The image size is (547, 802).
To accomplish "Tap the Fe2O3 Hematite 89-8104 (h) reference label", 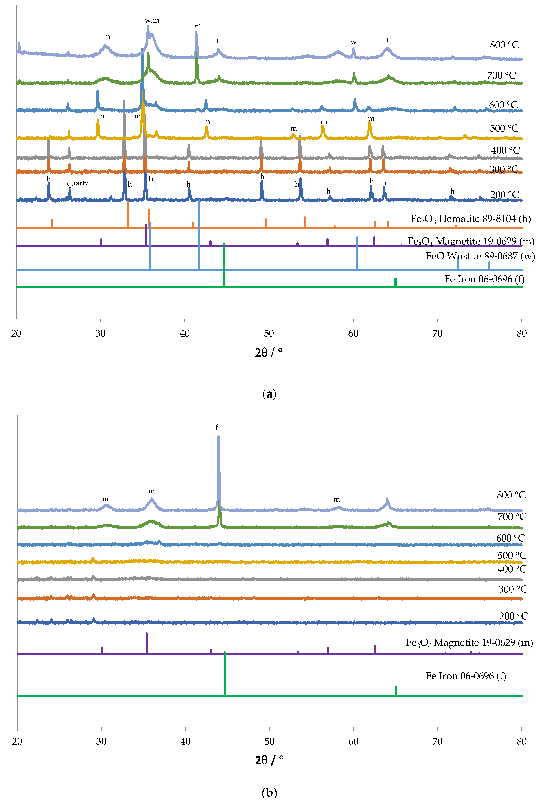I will pyautogui.click(x=470, y=219).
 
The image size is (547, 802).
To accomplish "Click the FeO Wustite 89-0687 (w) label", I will pyautogui.click(x=480, y=256).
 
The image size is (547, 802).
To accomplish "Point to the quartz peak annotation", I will pyautogui.click(x=78, y=183).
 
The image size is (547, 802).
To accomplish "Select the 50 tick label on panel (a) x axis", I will pyautogui.click(x=269, y=333).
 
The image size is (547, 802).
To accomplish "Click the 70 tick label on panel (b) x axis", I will pyautogui.click(x=437, y=741).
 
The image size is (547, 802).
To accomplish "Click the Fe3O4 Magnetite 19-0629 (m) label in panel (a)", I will pyautogui.click(x=471, y=241).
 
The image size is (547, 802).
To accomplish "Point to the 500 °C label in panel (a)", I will pyautogui.click(x=504, y=128).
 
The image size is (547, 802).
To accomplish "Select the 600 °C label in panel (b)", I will pyautogui.click(x=510, y=538).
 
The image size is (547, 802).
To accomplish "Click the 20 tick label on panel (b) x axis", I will pyautogui.click(x=17, y=741).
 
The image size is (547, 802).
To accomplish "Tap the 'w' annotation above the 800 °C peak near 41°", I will pyautogui.click(x=197, y=26).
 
